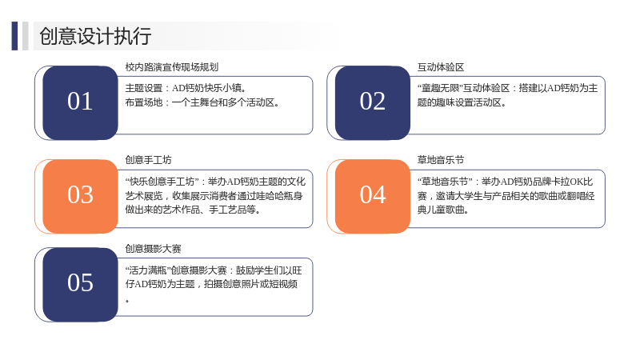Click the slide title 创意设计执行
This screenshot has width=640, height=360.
[x=95, y=36]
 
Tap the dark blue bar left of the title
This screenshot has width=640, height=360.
[x=14, y=36]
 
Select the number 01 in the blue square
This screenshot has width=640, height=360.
[x=80, y=102]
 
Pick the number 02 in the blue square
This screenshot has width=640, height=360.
[x=372, y=102]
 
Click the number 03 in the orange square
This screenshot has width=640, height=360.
[x=80, y=194]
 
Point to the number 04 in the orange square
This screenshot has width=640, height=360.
[x=373, y=194]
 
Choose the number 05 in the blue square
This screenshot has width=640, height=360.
[x=80, y=283]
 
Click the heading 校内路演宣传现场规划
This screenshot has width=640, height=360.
[x=172, y=67]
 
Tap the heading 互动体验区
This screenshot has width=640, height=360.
[x=441, y=67]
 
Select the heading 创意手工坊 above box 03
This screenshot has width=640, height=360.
[x=148, y=160]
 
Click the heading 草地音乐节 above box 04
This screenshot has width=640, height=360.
[x=441, y=160]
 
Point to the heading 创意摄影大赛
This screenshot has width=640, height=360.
[x=153, y=249]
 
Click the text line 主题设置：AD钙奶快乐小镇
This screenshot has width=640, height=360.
[x=186, y=88]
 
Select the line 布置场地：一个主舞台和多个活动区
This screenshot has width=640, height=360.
[x=202, y=102]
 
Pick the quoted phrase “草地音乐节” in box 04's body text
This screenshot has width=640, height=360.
[x=445, y=182]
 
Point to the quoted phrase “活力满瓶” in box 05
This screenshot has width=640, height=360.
[x=148, y=270]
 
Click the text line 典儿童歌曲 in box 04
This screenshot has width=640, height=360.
[x=442, y=210]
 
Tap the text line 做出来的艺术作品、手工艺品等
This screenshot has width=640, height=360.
[x=193, y=210]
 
